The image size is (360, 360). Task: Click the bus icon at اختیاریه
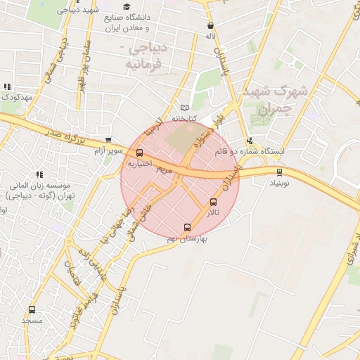pos(139,153)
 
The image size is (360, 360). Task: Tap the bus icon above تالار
pos(214,202)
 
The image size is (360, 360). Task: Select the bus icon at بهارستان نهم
pos(186,227)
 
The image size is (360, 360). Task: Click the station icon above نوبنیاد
pos(279,172)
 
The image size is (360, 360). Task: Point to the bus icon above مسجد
pos(32,309)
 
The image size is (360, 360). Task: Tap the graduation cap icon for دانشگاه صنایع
pos(127,7)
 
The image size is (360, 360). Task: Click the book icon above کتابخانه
pos(185,107)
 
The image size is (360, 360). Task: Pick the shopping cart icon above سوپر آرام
pos(108,140)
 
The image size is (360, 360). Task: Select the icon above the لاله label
pos(210,25)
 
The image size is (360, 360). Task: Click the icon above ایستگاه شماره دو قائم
pos(250,141)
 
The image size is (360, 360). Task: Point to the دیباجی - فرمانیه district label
pos(144,57)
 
